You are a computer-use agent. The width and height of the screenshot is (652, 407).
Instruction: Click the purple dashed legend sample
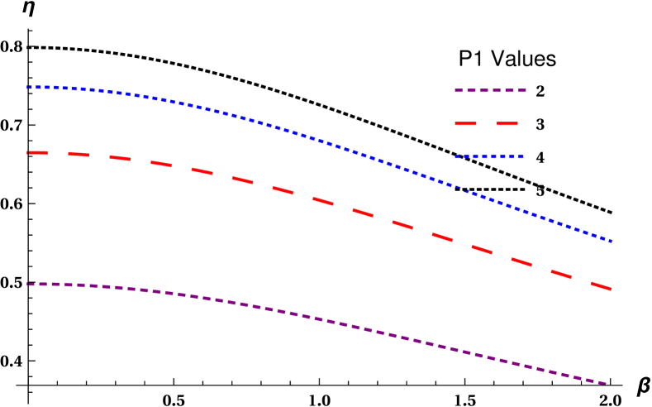(x=490, y=90)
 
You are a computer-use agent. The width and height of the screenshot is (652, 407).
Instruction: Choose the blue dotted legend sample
(x=488, y=156)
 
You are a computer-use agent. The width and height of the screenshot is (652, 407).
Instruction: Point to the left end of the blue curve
(x=28, y=87)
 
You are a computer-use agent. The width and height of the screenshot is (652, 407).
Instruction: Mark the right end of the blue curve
(x=611, y=241)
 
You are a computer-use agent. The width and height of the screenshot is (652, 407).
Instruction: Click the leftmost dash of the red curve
(x=38, y=152)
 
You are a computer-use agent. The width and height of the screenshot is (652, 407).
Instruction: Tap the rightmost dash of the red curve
(x=601, y=285)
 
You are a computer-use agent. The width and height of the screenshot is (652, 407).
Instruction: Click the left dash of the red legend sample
(x=466, y=124)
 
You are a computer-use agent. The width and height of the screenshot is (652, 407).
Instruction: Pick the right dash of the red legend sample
(x=507, y=124)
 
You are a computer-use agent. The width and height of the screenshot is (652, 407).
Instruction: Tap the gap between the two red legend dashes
(x=487, y=124)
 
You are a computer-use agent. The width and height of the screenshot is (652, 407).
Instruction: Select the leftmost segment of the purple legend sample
(x=459, y=90)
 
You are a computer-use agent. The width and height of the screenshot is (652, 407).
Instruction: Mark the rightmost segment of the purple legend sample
(x=521, y=90)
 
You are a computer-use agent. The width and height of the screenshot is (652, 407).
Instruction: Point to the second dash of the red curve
(x=79, y=154)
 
